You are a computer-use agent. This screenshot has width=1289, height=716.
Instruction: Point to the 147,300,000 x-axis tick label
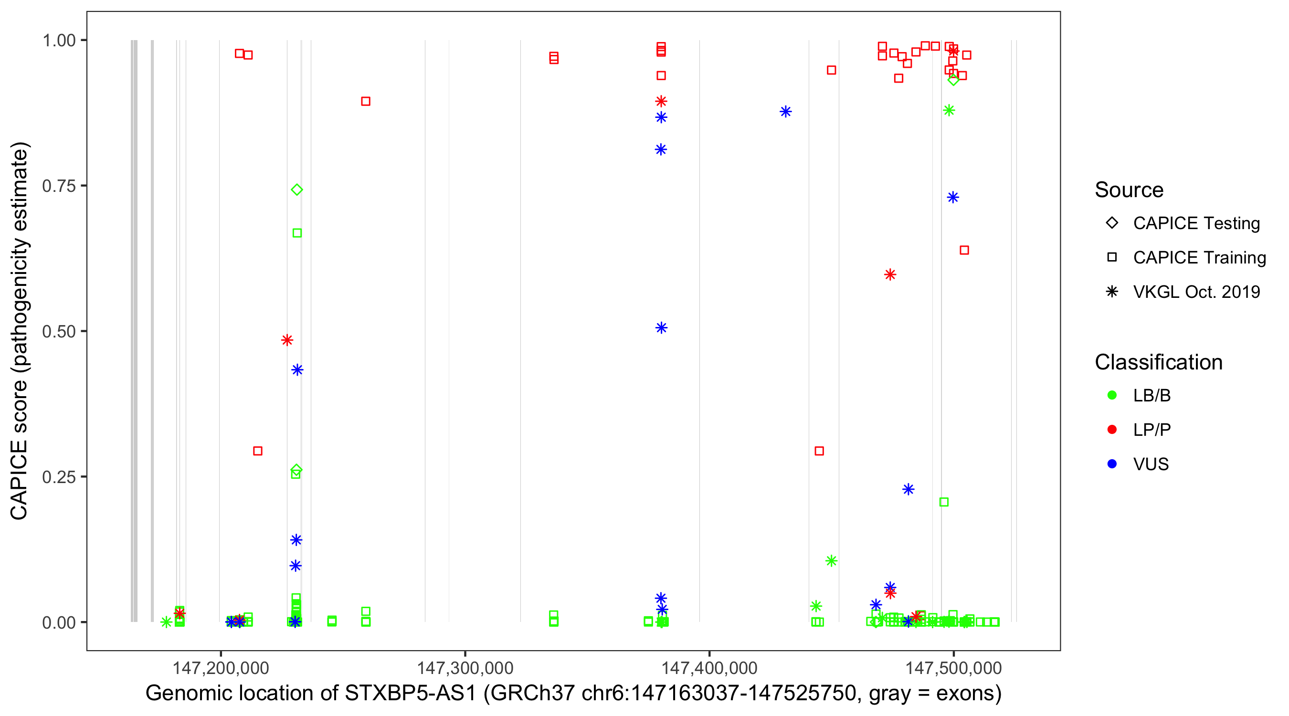coord(465,667)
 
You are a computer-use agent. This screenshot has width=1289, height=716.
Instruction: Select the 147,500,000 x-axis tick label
coord(953,667)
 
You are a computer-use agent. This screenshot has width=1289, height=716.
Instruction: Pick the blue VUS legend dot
coord(1112,464)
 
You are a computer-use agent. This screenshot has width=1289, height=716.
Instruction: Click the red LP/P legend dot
coord(1112,430)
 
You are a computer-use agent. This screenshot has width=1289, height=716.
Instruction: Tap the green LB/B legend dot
coord(1112,395)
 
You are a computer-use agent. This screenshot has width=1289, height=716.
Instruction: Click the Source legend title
coord(1129,190)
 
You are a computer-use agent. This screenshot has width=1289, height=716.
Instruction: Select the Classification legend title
coord(1158,362)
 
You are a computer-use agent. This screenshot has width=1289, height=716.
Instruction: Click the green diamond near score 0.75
coord(297,190)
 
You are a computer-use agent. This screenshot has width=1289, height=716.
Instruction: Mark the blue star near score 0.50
coord(661,328)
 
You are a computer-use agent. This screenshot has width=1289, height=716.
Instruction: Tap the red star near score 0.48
coord(287,340)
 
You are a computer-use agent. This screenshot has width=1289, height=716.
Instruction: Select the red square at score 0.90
coord(366,102)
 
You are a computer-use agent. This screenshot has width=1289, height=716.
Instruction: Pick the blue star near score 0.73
coord(953,197)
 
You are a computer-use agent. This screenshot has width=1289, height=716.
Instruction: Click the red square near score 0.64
coord(964,250)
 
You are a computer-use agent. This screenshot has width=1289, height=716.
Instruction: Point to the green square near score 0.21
coord(944,502)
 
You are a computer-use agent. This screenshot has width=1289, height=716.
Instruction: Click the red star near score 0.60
coord(890,274)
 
